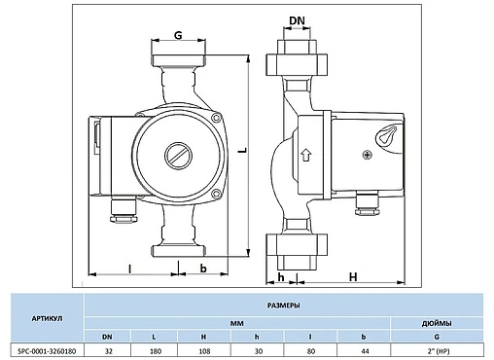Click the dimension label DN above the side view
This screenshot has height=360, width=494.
[299, 20]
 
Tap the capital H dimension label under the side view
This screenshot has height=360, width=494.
[353, 276]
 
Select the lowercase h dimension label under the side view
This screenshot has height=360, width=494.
[280, 276]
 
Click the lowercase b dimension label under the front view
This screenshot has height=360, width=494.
[202, 267]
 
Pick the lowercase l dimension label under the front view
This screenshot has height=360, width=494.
[128, 267]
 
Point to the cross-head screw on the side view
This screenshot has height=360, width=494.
[367, 155]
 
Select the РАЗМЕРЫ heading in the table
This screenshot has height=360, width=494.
[283, 306]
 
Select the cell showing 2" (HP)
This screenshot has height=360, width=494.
[438, 351]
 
